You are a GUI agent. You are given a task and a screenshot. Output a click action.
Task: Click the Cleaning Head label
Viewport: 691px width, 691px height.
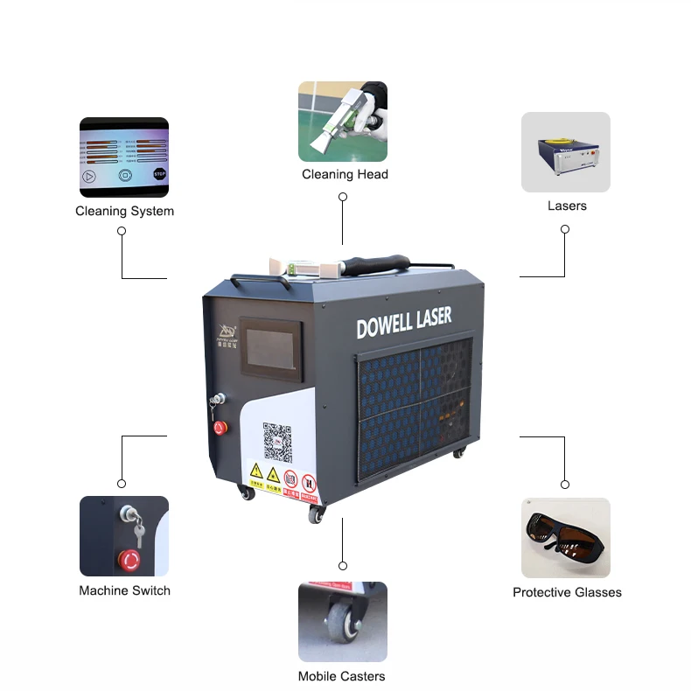coord(345,174)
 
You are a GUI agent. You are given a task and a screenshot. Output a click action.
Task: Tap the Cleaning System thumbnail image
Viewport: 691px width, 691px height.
coord(123,155)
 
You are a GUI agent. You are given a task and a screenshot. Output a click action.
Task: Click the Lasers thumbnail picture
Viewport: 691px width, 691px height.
coord(566,152)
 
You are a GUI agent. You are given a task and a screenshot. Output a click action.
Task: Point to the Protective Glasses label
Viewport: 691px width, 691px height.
coord(567,592)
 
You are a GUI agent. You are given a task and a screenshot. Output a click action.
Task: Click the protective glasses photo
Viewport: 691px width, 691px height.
coord(566,538)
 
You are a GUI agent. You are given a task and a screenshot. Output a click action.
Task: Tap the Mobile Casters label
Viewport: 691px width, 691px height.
coord(341,676)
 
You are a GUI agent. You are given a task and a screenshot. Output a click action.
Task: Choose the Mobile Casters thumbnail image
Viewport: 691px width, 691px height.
coord(342,622)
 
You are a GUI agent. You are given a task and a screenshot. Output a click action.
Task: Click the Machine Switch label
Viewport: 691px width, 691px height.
coord(124,590)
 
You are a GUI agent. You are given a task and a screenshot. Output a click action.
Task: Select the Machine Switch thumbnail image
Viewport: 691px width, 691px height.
coord(123,536)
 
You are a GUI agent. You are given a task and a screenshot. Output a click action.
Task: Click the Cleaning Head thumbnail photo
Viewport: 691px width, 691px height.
coord(342,122)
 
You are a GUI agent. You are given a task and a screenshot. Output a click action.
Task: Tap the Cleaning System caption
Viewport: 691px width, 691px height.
coord(124,211)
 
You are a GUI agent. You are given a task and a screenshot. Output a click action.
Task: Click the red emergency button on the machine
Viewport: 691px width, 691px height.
coord(220,427)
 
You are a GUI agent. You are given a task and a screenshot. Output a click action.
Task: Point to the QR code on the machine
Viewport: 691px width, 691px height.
coord(276,442)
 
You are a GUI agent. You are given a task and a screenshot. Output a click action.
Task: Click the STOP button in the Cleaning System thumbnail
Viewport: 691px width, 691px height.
coord(159,174)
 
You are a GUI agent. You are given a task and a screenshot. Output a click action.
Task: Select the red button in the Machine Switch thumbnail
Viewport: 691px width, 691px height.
coord(129,558)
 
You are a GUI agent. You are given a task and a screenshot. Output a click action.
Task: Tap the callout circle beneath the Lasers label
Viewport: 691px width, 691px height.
coord(565,229)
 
